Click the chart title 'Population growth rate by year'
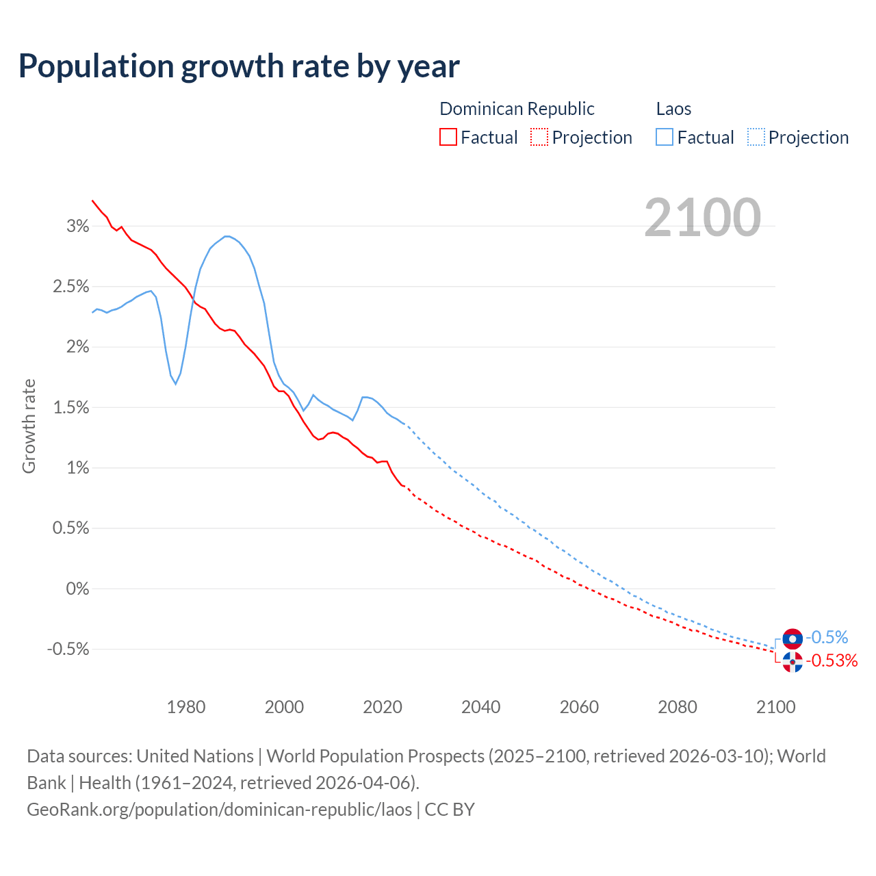click(x=239, y=66)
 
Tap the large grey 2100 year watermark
click(x=702, y=218)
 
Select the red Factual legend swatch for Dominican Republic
click(x=448, y=138)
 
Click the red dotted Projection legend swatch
click(x=539, y=138)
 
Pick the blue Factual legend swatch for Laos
click(x=665, y=138)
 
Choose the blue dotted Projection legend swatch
click(x=756, y=138)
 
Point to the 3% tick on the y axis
click(x=77, y=227)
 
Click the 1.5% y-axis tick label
click(x=71, y=408)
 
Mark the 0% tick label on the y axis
click(x=77, y=589)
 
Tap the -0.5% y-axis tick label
click(x=68, y=649)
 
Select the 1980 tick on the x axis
click(x=186, y=707)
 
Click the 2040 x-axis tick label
click(x=481, y=707)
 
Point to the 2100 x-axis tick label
click(x=775, y=707)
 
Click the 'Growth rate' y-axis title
click(x=29, y=426)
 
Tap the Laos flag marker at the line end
click(x=793, y=639)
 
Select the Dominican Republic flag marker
click(x=793, y=662)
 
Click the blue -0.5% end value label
click(x=827, y=638)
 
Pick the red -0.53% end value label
click(x=832, y=660)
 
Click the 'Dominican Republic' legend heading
click(x=517, y=109)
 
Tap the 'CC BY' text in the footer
click(x=450, y=810)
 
